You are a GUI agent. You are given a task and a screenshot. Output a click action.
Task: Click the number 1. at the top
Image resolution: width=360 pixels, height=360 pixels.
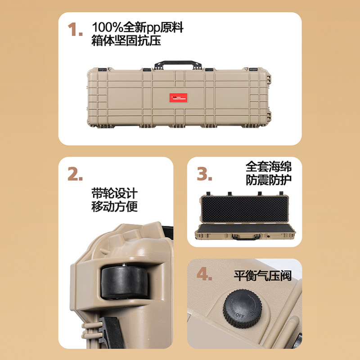[x=75, y=31]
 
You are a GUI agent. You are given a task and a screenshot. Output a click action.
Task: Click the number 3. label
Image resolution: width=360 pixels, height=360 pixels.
[x=205, y=173]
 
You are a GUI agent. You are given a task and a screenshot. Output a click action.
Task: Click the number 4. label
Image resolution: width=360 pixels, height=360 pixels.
[x=204, y=274]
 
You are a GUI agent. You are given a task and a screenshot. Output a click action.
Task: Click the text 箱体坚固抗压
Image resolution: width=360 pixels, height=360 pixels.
[x=126, y=41]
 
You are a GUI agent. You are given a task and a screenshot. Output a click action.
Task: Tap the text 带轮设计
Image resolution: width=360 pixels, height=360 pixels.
[x=114, y=194]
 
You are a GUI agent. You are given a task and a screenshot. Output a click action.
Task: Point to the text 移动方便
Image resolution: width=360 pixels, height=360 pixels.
[x=114, y=207]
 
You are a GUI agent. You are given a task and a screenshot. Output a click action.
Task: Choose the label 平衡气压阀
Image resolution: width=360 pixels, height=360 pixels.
[x=262, y=275]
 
